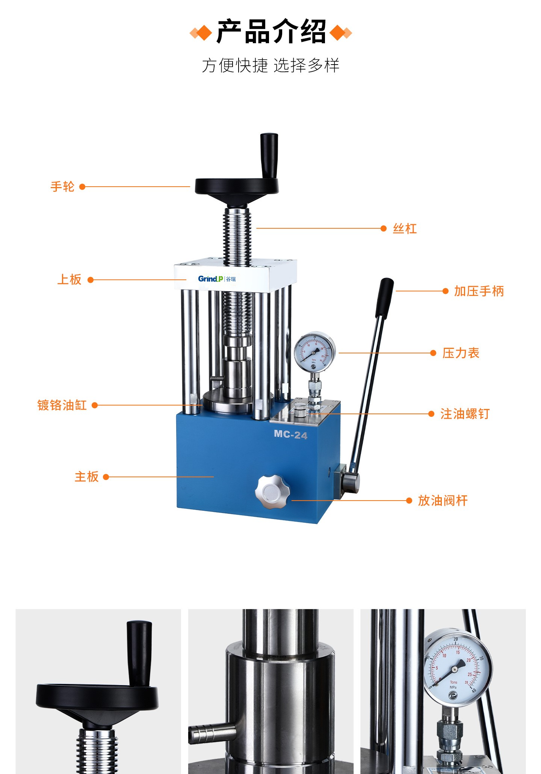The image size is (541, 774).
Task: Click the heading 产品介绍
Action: [271, 32]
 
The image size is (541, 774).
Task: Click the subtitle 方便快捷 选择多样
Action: [270, 65]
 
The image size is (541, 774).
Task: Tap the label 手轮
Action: [62, 186]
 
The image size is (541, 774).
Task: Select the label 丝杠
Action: [405, 228]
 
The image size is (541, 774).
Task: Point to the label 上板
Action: [69, 279]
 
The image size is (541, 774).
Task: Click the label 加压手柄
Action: [479, 291]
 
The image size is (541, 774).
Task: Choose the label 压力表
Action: [461, 353]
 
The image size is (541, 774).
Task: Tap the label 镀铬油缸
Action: [62, 405]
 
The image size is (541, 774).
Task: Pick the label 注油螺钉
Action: [465, 414]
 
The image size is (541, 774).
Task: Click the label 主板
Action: [86, 477]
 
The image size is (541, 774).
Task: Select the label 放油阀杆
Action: [443, 501]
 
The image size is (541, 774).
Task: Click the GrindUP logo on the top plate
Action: [217, 279]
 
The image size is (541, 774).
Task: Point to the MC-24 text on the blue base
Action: [290, 435]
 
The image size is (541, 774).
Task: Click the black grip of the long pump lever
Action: [384, 298]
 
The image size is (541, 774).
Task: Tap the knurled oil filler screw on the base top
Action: [300, 410]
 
